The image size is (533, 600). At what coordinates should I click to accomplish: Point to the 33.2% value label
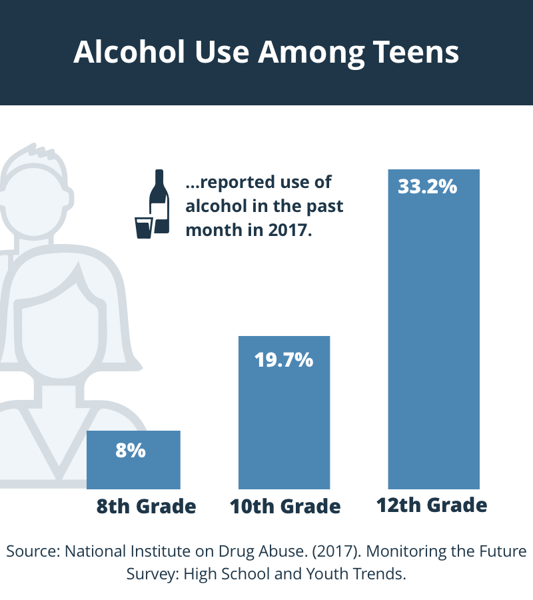(427, 186)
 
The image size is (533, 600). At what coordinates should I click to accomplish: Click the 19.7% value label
(284, 360)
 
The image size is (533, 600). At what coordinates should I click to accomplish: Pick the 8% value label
(131, 450)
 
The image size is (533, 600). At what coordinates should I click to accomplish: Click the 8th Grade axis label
(147, 507)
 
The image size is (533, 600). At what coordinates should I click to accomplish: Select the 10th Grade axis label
(285, 507)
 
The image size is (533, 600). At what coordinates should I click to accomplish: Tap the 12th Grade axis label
(432, 505)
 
